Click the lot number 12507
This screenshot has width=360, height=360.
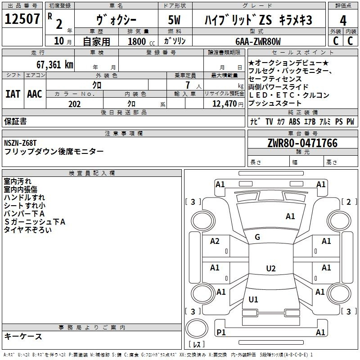pyautogui.click(x=22, y=19)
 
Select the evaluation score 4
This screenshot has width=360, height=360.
pyautogui.click(x=343, y=20)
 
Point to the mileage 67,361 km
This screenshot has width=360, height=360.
pyautogui.click(x=54, y=64)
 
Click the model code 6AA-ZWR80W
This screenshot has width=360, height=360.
pyautogui.click(x=258, y=41)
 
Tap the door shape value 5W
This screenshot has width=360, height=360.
pyautogui.click(x=175, y=20)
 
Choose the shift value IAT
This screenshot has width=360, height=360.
pyautogui.click(x=13, y=94)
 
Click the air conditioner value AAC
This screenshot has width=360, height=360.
pyautogui.click(x=35, y=94)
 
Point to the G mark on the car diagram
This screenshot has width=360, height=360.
pyautogui.click(x=257, y=237)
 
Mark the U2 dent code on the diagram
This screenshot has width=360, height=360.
pyautogui.click(x=270, y=269)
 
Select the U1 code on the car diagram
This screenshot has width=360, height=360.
pyautogui.click(x=253, y=299)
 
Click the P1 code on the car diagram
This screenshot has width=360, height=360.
pyautogui.click(x=220, y=332)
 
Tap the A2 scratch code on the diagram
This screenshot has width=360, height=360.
pyautogui.click(x=215, y=241)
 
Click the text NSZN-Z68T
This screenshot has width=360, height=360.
pyautogui.click(x=20, y=143)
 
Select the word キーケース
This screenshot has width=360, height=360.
pyautogui.click(x=23, y=336)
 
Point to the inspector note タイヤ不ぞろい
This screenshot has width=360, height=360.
pyautogui.click(x=27, y=229)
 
